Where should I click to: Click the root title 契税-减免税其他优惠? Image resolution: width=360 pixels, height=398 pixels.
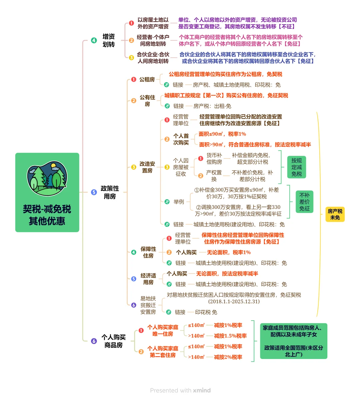(47, 215)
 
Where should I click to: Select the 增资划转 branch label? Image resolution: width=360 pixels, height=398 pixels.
(109, 40)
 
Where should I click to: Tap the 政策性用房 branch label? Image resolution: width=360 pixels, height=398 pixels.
(110, 192)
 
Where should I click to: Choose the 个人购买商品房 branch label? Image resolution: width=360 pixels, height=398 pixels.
(113, 341)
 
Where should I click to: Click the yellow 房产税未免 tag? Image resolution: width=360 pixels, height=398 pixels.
(335, 214)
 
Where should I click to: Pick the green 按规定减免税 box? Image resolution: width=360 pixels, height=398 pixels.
(296, 167)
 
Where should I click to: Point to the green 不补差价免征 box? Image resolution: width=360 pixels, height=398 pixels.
(304, 202)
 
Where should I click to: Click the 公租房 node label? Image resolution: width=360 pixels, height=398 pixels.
(147, 79)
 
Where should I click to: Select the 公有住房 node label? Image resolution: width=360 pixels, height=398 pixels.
(147, 100)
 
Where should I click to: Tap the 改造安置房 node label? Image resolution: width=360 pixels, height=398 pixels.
(147, 167)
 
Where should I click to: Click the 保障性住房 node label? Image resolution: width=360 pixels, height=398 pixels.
(148, 252)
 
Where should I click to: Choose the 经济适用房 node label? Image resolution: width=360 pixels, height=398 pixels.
(148, 279)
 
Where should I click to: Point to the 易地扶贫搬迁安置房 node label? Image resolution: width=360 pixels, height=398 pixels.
(148, 305)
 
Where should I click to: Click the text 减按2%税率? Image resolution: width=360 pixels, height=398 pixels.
(228, 357)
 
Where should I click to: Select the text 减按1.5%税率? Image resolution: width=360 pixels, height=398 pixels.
(230, 336)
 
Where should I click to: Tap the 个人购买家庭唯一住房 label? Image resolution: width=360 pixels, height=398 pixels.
(163, 330)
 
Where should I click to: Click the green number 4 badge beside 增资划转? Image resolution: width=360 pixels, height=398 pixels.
(94, 40)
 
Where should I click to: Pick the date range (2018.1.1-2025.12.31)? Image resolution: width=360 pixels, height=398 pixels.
(234, 302)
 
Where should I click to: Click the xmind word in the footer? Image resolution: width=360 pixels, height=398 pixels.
(202, 390)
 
